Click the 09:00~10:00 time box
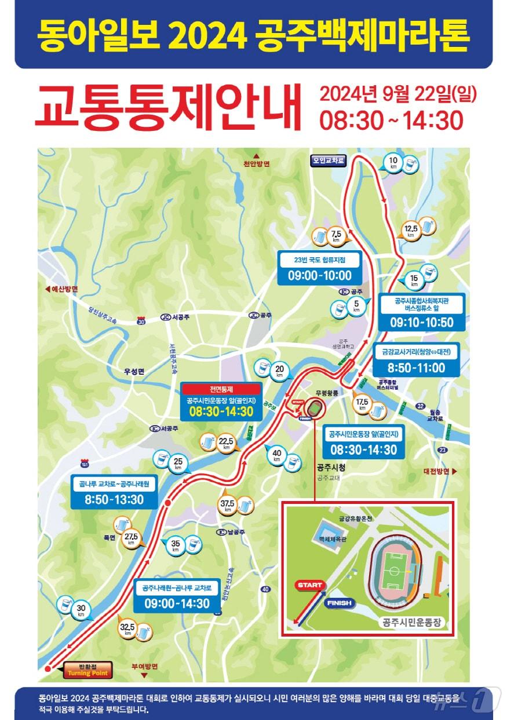point(319,275)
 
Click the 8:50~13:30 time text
point(114,499)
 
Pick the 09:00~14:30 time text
point(177,604)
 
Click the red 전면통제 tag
point(221,389)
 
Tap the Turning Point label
point(87,673)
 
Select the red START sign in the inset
point(309,585)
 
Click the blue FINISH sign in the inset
point(339,603)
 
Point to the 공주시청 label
point(331,467)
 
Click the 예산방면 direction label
point(61,288)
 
